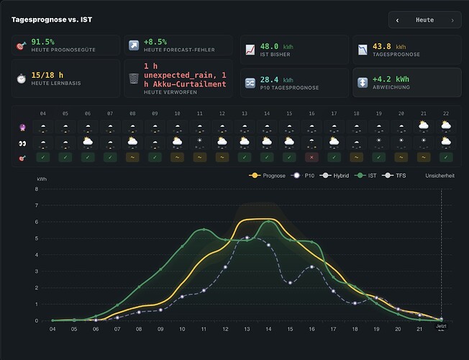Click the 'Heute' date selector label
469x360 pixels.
(x=424, y=20)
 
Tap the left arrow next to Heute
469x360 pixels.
(x=397, y=20)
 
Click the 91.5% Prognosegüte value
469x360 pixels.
(x=42, y=42)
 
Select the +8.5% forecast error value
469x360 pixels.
(x=155, y=42)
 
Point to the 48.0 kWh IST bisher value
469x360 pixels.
(x=277, y=46)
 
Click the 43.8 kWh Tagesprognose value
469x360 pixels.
(x=389, y=46)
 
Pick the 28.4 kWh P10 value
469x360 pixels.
(x=277, y=80)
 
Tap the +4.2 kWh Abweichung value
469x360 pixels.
(x=391, y=79)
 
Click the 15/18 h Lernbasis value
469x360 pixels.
(x=47, y=75)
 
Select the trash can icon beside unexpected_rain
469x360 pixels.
(x=134, y=78)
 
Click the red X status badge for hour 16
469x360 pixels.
(x=311, y=157)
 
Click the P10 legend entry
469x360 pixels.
(x=303, y=176)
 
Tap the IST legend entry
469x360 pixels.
(x=365, y=176)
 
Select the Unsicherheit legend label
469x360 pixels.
(x=440, y=176)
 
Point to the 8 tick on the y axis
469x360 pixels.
(x=37, y=189)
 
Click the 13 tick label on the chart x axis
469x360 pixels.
(x=247, y=329)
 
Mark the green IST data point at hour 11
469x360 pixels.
(x=204, y=230)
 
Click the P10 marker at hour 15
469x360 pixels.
(x=290, y=283)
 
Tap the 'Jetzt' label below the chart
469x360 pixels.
(x=441, y=326)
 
